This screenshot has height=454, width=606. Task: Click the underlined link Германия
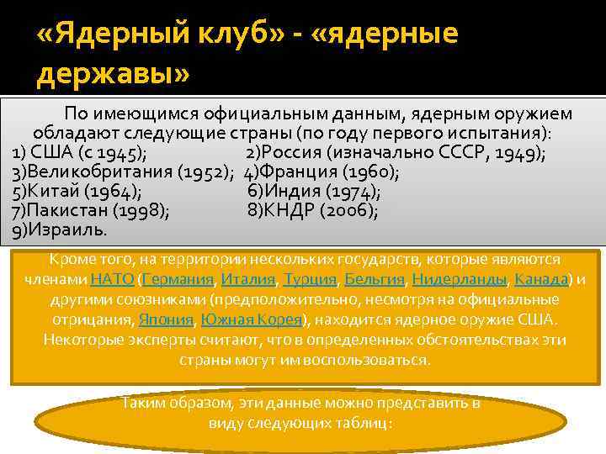click(178, 279)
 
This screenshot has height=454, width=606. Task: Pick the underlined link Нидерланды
click(460, 279)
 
